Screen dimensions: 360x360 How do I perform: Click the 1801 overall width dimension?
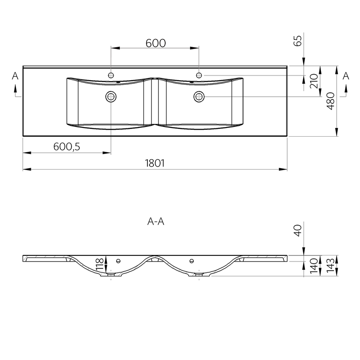[x=155, y=163]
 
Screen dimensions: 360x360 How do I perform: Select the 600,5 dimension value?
[x=67, y=147]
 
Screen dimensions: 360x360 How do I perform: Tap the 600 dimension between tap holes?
[x=156, y=43]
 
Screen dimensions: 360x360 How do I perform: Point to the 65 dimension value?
[x=298, y=41]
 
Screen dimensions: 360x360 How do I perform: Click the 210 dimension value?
[x=314, y=81]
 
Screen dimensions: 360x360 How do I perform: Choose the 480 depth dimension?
[x=330, y=101]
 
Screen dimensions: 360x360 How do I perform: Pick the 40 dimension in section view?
[x=298, y=230]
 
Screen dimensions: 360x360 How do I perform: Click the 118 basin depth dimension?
[x=100, y=265]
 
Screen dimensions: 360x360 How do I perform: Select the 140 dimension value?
[x=314, y=266]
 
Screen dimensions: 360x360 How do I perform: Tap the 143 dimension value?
[x=330, y=265]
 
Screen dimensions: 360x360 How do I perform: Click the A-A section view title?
[x=156, y=222]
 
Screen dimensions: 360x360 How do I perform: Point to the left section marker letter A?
[x=15, y=76]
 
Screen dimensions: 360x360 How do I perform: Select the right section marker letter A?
[x=346, y=76]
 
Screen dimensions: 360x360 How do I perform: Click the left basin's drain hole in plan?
[x=111, y=97]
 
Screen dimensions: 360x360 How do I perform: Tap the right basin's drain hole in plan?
[x=199, y=97]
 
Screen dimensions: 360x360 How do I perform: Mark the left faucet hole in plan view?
[x=111, y=75]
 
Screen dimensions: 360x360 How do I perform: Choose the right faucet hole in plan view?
[x=199, y=75]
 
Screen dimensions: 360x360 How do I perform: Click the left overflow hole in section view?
[x=118, y=261]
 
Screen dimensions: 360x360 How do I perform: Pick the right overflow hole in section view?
[x=191, y=261]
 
